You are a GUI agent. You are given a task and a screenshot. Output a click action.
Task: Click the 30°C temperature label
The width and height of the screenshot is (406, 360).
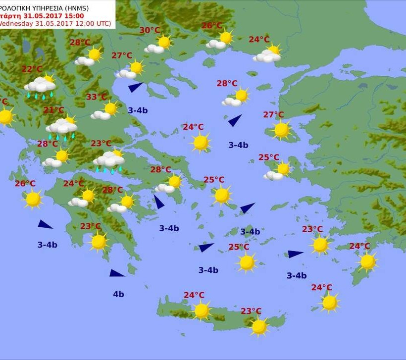click(150, 30)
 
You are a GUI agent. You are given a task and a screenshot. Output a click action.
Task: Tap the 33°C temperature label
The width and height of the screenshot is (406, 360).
click(97, 97)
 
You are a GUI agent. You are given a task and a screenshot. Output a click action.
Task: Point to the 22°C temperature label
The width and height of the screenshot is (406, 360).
click(32, 69)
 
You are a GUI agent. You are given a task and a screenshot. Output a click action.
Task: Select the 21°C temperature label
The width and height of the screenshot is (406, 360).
click(53, 110)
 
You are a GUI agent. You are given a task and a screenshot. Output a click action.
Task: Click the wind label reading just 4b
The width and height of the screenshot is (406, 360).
click(118, 294)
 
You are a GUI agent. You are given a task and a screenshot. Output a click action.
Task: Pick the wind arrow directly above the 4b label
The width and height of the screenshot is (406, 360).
click(117, 273)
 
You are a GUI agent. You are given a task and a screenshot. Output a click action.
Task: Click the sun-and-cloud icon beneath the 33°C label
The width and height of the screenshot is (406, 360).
click(105, 111)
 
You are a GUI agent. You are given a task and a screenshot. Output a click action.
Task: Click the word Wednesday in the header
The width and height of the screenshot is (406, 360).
click(16, 24)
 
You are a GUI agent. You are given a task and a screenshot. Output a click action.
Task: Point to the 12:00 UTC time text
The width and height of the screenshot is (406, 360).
click(92, 24)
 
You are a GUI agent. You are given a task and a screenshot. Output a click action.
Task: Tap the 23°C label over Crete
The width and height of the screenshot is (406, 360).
click(251, 311)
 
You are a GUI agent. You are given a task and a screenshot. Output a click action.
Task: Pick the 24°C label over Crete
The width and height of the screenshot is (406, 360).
click(194, 295)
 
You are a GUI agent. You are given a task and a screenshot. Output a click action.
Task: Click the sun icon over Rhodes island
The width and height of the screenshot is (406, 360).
click(367, 261)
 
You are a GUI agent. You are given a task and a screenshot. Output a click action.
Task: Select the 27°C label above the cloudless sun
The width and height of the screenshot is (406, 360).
click(273, 115)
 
